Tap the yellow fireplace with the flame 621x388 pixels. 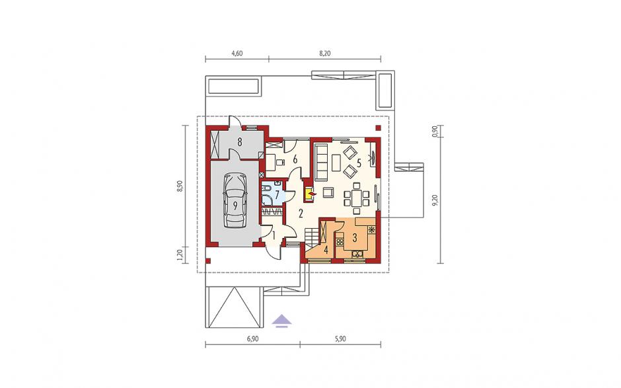[x=309, y=194]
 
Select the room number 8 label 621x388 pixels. [x=240, y=142]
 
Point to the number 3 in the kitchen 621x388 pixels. [x=355, y=238]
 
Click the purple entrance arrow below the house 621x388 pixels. [x=281, y=320]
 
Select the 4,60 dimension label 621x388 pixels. [x=237, y=54]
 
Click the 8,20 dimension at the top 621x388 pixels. [x=324, y=54]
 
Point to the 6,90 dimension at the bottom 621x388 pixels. [x=252, y=339]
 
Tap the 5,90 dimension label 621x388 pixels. [x=340, y=339]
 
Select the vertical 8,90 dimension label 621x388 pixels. [x=180, y=186]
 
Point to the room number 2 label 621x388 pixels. [x=301, y=214]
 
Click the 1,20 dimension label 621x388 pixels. [x=180, y=256]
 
